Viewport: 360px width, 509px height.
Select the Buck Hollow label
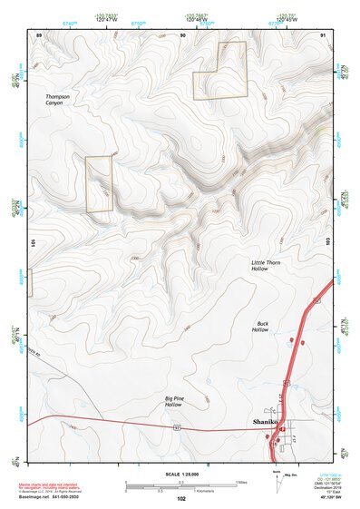pyautogui.click(x=262, y=326)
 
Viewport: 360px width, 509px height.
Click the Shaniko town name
pyautogui.click(x=263, y=422)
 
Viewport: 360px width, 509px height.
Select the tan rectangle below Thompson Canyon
pyautogui.click(x=99, y=184)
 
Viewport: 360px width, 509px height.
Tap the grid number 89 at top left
pyautogui.click(x=39, y=34)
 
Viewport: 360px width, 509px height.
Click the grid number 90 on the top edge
pyautogui.click(x=184, y=34)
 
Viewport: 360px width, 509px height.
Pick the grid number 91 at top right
pyautogui.click(x=323, y=34)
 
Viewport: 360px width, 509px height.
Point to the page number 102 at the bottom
pyautogui.click(x=181, y=499)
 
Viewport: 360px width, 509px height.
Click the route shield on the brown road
pyautogui.click(x=179, y=426)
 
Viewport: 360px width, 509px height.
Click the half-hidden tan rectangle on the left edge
pyautogui.click(x=30, y=281)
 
